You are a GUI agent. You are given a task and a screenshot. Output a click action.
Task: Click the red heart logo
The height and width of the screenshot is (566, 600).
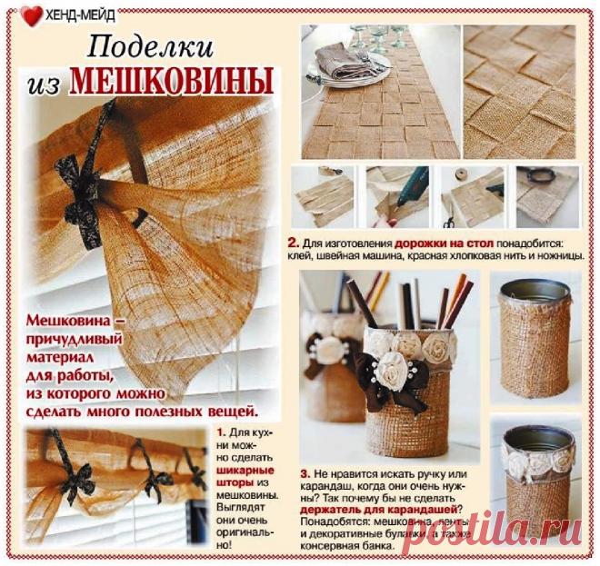click(31, 15)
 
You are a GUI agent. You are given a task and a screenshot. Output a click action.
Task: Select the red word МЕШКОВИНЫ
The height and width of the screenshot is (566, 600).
click(172, 83)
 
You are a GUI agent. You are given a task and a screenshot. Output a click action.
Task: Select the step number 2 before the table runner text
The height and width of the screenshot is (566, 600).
click(293, 244)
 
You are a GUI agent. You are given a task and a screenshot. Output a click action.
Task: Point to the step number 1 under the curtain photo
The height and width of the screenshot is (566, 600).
click(221, 432)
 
